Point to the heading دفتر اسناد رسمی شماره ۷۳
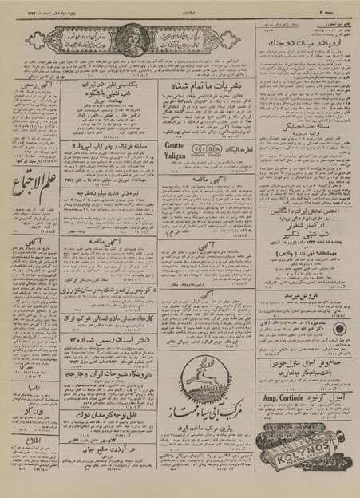(108, 342)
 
